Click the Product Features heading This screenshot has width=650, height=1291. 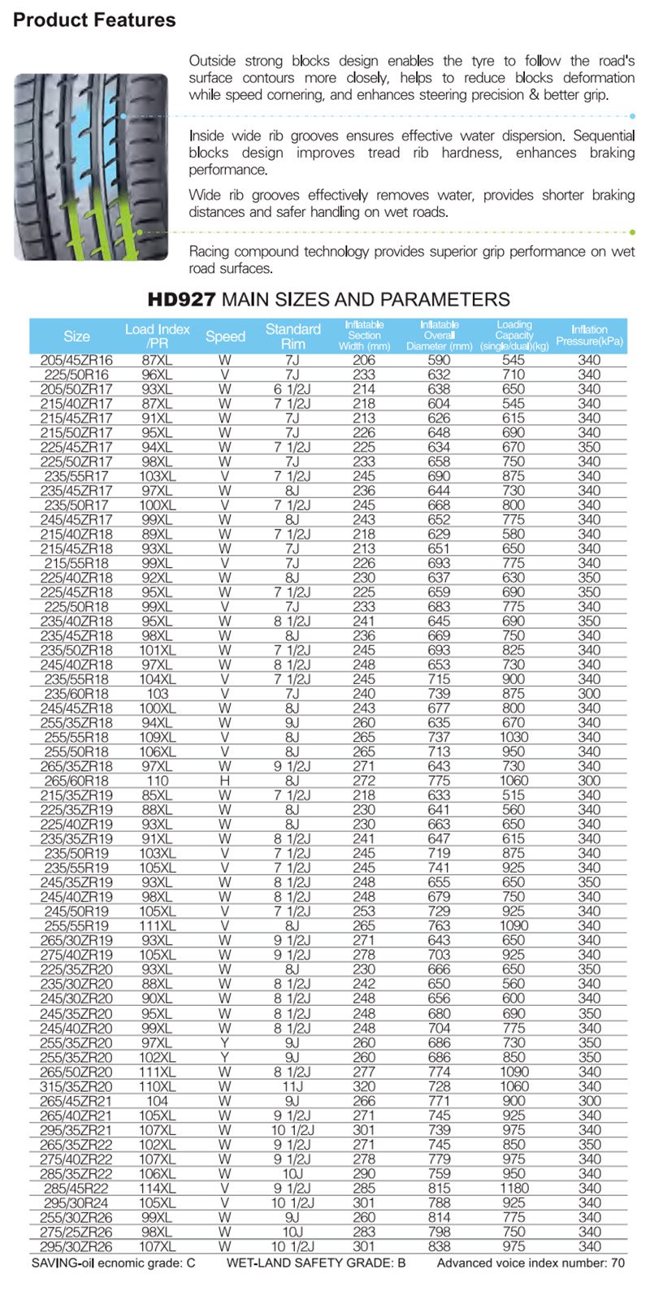tap(94, 20)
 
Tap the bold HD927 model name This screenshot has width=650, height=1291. tap(181, 300)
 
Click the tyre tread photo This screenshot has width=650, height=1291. tap(91, 167)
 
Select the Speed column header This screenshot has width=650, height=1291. tap(225, 336)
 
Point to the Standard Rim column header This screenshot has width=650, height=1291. tap(292, 336)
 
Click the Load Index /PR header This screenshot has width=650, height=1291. tap(158, 336)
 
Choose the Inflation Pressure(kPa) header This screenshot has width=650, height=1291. tap(589, 336)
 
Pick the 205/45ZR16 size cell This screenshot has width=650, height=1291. tap(77, 360)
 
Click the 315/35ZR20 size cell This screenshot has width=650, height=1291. tap(77, 1086)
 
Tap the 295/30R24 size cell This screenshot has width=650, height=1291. tap(77, 1202)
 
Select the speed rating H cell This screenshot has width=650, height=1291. tap(225, 781)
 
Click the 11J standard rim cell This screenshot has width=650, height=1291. tap(292, 1086)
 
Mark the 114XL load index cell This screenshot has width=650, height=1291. tap(158, 1188)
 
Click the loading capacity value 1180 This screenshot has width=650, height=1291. tap(513, 1188)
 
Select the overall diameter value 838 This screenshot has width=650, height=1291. tap(439, 1246)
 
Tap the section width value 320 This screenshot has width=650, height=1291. tap(364, 1086)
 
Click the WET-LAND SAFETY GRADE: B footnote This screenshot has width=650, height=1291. tap(315, 1263)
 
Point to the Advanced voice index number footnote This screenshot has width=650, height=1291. tap(531, 1263)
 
